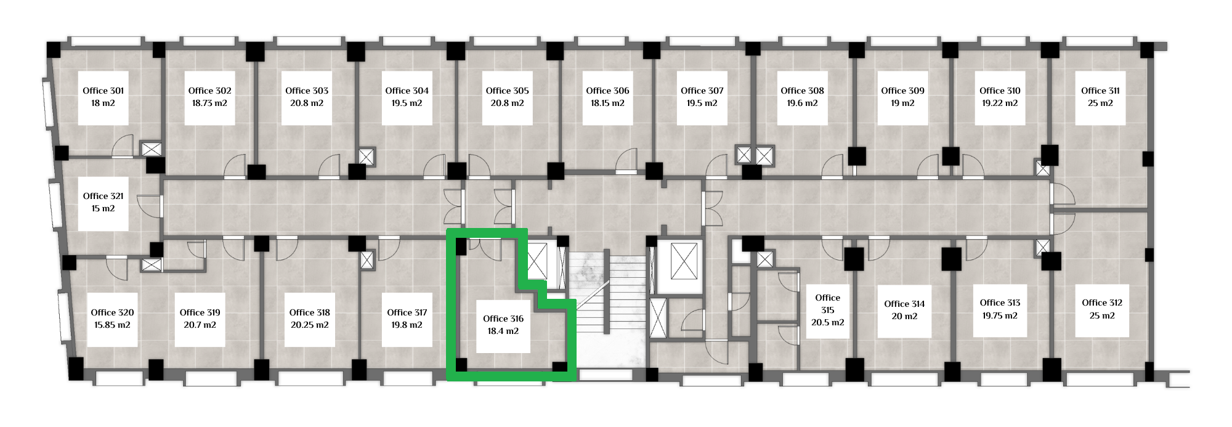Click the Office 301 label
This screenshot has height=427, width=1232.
tap(103, 91)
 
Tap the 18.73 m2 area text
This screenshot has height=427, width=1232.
tap(209, 103)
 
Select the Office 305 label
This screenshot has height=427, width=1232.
tap(507, 91)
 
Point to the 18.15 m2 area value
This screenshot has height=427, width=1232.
tap(607, 103)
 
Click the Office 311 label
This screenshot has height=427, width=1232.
tap(1100, 91)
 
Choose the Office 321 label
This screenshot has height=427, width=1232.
tap(103, 196)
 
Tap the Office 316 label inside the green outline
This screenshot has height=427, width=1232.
tap(503, 319)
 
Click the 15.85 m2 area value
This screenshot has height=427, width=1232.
tap(112, 325)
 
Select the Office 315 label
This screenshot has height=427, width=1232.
tap(828, 304)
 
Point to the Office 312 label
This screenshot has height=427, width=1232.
tap(1102, 303)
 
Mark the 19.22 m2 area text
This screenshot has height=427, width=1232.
tap(1000, 103)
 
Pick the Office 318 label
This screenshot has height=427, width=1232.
tap(310, 312)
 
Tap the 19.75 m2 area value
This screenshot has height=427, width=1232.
tap(1000, 315)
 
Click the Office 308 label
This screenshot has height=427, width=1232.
tap(802, 91)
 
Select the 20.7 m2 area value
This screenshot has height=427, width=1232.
tap(200, 325)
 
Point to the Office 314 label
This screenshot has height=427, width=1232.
tap(904, 304)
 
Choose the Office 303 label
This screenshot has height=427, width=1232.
tap(307, 91)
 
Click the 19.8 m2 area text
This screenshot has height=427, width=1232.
tap(407, 325)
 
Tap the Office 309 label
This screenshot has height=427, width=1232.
tap(902, 91)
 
